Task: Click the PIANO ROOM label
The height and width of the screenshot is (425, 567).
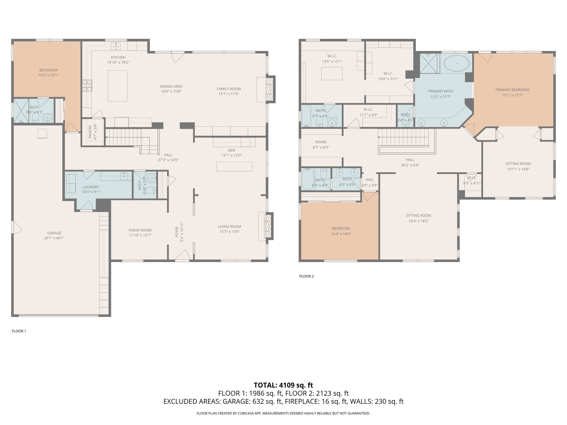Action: (x=140, y=230)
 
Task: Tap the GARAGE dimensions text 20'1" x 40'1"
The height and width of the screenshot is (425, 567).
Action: (x=54, y=238)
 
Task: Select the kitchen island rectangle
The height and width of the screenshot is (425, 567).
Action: (x=117, y=86)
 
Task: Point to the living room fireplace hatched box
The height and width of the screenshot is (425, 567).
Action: (x=267, y=226)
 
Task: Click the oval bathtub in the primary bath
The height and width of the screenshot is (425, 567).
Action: (x=457, y=64)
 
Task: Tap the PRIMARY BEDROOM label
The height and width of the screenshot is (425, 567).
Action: (x=512, y=90)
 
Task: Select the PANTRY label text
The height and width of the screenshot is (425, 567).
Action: (x=90, y=132)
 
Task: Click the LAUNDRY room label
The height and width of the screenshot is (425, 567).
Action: (x=91, y=187)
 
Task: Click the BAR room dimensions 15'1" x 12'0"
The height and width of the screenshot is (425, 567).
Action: (x=231, y=156)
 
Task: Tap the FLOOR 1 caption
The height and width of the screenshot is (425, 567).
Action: (x=19, y=331)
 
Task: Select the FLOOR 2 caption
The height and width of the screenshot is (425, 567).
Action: (x=306, y=276)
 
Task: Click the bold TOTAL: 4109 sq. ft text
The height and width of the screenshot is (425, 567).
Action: (x=283, y=385)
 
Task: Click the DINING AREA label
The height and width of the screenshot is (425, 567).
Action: (x=171, y=86)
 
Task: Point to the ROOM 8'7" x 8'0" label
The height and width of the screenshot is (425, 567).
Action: (x=321, y=145)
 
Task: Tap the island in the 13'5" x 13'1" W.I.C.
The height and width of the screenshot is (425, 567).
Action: (x=332, y=74)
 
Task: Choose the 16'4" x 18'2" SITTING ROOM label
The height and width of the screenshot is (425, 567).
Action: (x=418, y=218)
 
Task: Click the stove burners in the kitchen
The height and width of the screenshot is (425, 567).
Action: (x=87, y=85)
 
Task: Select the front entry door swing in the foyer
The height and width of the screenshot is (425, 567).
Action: (x=182, y=255)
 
